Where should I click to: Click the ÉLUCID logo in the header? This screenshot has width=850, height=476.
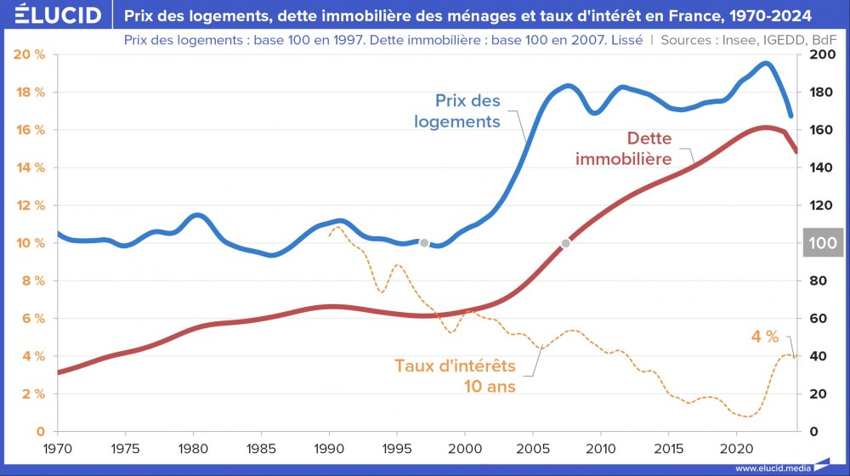53,15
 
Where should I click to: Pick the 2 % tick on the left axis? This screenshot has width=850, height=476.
31,394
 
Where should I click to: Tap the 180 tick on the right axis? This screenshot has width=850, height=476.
822,93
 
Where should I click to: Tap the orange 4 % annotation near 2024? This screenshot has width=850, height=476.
764,337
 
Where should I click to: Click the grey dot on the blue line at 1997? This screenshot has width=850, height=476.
424,243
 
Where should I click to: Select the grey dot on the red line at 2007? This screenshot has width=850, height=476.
566,243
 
